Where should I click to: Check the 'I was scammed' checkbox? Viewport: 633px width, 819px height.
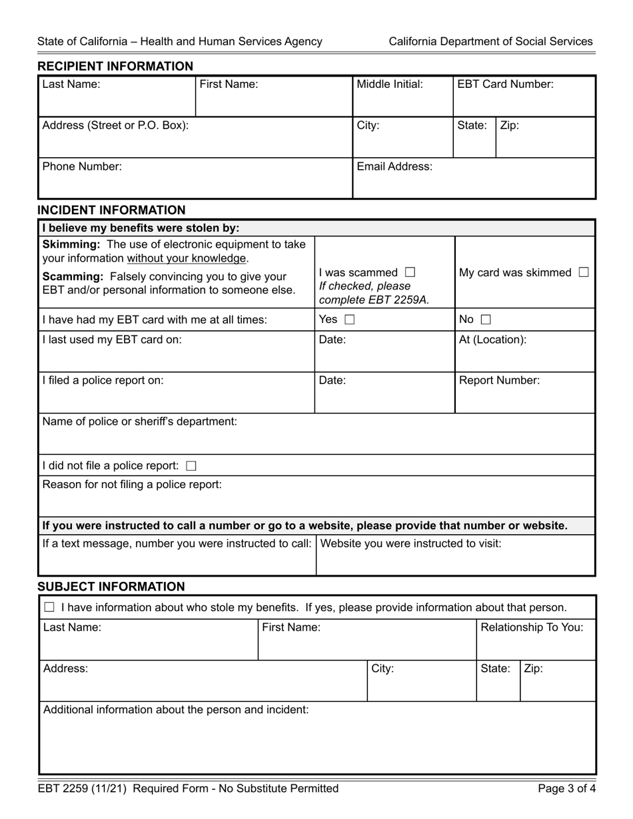pyautogui.click(x=410, y=272)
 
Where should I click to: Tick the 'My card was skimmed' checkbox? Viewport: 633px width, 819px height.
pyautogui.click(x=584, y=272)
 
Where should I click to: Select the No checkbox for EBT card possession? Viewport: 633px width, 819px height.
pyautogui.click(x=485, y=320)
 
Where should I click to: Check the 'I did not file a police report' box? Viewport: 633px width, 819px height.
pyautogui.click(x=191, y=465)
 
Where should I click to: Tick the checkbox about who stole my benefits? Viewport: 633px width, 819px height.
pyautogui.click(x=49, y=607)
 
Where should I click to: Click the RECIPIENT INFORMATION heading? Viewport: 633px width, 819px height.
pyautogui.click(x=115, y=66)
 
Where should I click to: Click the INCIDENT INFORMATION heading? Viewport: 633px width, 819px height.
pyautogui.click(x=111, y=210)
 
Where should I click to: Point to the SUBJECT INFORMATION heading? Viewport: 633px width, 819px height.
pyautogui.click(x=111, y=587)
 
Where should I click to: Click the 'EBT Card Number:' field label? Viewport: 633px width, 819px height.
pyautogui.click(x=505, y=85)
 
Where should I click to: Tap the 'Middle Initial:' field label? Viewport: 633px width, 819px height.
pyautogui.click(x=390, y=85)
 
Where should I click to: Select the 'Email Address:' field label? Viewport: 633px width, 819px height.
pyautogui.click(x=394, y=166)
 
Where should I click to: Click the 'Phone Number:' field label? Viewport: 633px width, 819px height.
pyautogui.click(x=82, y=166)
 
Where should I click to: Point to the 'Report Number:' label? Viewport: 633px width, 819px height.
pyautogui.click(x=500, y=381)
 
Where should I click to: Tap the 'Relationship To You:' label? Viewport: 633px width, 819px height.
pyautogui.click(x=532, y=627)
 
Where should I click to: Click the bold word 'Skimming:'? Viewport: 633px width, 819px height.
pyautogui.click(x=71, y=244)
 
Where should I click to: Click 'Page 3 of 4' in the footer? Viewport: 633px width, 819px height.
pyautogui.click(x=565, y=789)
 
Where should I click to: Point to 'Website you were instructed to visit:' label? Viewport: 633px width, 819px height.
pyautogui.click(x=411, y=543)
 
